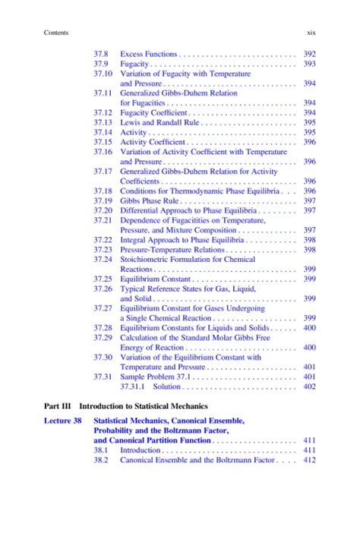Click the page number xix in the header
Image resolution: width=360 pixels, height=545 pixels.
click(x=310, y=33)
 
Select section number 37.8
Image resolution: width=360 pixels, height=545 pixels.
click(x=101, y=54)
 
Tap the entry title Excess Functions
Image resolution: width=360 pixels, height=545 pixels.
click(x=149, y=54)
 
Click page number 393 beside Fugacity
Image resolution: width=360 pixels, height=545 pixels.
click(x=309, y=65)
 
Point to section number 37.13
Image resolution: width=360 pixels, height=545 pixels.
click(x=103, y=122)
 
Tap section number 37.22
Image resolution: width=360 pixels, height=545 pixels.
click(x=103, y=240)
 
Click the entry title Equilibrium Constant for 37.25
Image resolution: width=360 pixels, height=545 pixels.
click(x=153, y=279)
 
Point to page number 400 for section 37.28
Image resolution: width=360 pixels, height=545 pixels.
click(x=309, y=328)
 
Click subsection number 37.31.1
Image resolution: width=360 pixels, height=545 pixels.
click(x=134, y=386)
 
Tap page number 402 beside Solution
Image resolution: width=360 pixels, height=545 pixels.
click(x=309, y=386)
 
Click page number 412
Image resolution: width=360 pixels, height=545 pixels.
click(x=309, y=460)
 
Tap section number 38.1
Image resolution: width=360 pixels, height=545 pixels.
click(x=101, y=450)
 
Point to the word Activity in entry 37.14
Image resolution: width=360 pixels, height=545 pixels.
click(x=133, y=132)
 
